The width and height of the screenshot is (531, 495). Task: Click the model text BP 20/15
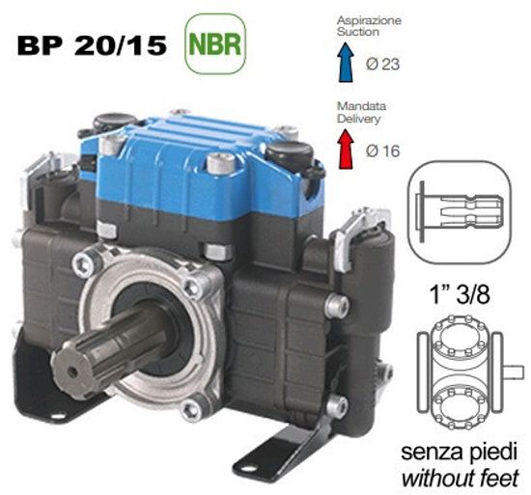point(94,44)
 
